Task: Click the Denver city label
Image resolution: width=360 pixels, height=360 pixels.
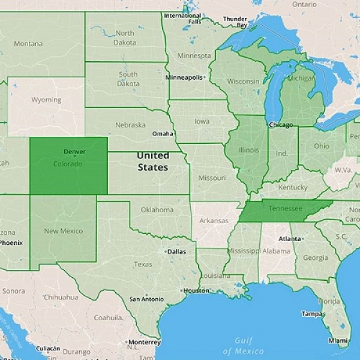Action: pos(74,152)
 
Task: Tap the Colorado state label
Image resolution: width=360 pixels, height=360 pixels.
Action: pos(68,164)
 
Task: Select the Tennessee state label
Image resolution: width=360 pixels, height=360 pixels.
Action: pos(285,209)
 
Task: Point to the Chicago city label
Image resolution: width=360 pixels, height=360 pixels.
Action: pos(281,125)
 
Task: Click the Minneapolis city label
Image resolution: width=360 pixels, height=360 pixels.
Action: pos(184,77)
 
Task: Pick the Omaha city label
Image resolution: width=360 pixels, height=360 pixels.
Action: pos(163,134)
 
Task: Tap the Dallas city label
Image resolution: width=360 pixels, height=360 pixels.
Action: pos(176,251)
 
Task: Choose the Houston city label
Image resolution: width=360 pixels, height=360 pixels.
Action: pos(196,290)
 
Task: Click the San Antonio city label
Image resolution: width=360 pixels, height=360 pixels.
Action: pos(147,299)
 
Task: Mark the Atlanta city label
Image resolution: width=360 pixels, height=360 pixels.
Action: pos(290,238)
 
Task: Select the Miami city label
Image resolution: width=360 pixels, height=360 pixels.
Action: pos(338,340)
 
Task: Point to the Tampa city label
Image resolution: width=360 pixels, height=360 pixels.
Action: pos(312,314)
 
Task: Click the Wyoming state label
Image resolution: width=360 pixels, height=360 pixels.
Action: pos(46,100)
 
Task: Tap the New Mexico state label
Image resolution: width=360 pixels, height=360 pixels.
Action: pos(63,231)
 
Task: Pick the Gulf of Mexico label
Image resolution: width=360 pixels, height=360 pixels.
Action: pos(243,345)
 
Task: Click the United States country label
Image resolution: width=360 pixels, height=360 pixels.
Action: pos(152,161)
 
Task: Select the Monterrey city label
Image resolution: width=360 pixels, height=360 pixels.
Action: pos(144,341)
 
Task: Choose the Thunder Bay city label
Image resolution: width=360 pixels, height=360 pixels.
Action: pos(235,22)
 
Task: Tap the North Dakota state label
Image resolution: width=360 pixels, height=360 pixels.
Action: pos(125,38)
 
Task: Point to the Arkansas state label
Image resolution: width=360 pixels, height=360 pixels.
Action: pos(214,221)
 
